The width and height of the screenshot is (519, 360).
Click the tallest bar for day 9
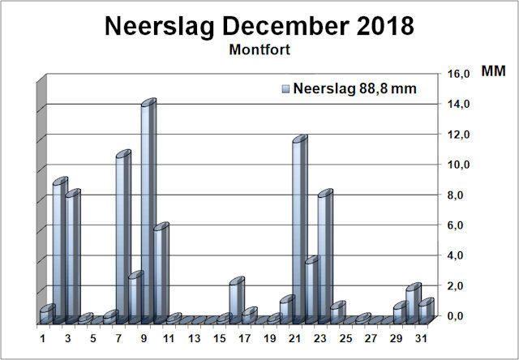point(148,211)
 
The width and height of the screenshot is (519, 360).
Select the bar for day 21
point(299,230)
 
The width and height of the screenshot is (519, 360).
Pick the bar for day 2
point(59,251)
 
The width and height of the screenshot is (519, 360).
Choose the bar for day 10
point(160,272)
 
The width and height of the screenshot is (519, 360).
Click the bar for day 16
point(236,300)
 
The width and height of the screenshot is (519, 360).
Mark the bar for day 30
point(413,303)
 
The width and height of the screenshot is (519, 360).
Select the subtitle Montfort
point(259,49)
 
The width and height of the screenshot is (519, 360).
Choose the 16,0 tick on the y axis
point(460,74)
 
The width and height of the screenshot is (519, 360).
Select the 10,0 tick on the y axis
point(460,165)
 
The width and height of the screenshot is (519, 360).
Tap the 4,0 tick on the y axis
point(460,255)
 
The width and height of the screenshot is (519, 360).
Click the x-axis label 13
point(195,337)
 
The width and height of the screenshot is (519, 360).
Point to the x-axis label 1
point(42,337)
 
